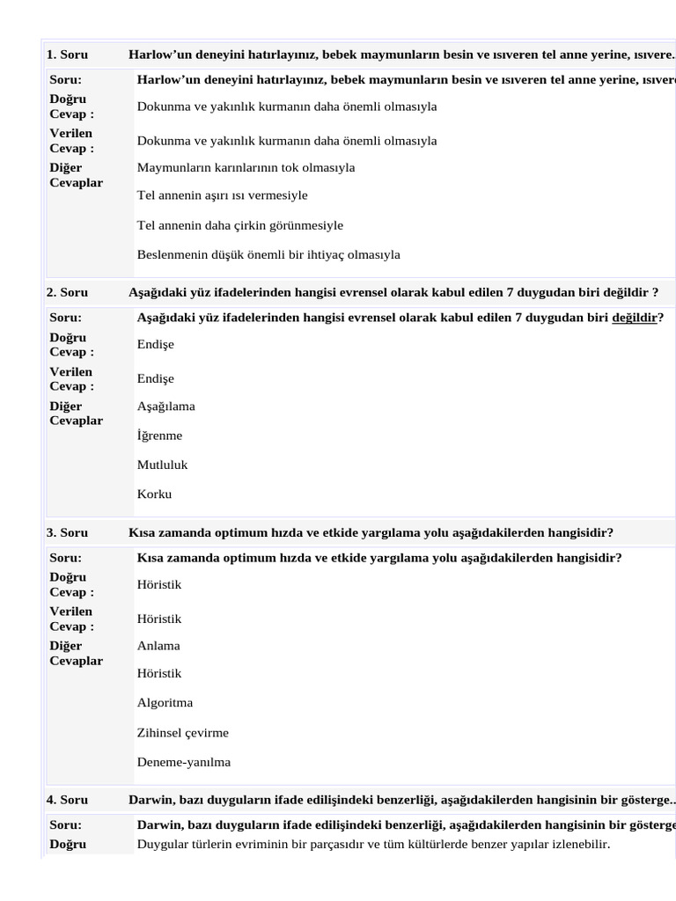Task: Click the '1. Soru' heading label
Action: pos(67,55)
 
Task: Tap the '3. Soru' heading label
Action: pos(67,533)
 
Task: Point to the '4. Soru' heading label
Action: pos(67,800)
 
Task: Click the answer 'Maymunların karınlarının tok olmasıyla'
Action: pos(246,167)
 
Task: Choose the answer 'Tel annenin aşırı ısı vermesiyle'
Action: pos(222,195)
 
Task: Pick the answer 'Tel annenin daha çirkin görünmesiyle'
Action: pos(239,225)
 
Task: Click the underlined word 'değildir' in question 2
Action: pos(635,318)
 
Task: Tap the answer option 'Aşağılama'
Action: pos(166,407)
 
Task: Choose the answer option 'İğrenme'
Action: pos(159,436)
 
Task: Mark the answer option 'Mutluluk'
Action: pos(162,465)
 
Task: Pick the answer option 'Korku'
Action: pos(154,494)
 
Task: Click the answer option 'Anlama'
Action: pos(158,646)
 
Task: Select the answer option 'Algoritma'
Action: pos(165,703)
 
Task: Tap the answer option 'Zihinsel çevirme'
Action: pos(183,733)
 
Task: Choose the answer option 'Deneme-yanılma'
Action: pos(184,763)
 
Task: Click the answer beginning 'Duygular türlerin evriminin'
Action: pos(373,845)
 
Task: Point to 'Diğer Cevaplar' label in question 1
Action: pos(76,175)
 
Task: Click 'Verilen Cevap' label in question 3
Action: pos(71,619)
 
